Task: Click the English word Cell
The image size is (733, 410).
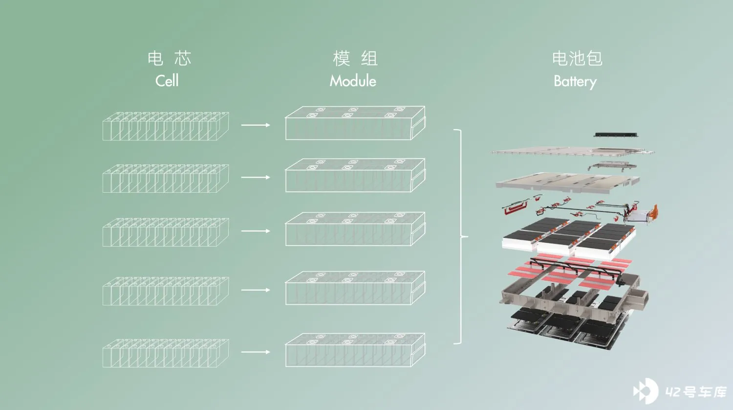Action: coord(167,81)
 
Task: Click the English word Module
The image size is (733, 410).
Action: coord(353,81)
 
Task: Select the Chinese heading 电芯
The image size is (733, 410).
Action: coord(170,58)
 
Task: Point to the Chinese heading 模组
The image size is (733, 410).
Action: coord(355,58)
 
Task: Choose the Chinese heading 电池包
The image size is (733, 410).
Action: coord(577,58)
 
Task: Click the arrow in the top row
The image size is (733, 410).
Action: coord(256,125)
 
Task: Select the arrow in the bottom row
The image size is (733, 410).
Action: coord(256,352)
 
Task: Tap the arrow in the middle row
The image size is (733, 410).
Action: coord(256,231)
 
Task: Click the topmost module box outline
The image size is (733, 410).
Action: coord(355,123)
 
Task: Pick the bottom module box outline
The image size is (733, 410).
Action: coord(355,350)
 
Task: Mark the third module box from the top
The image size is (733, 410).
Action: coord(355,229)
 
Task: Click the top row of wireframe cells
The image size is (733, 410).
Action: coord(166,127)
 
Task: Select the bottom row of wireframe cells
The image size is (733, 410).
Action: coord(166,353)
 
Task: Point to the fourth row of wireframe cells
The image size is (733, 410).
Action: coord(166,292)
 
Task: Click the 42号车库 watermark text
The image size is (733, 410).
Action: coord(696,391)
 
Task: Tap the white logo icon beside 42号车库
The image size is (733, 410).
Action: coord(646,391)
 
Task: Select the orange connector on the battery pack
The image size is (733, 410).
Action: coord(653,212)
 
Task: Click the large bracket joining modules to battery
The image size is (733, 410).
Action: coord(461,237)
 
